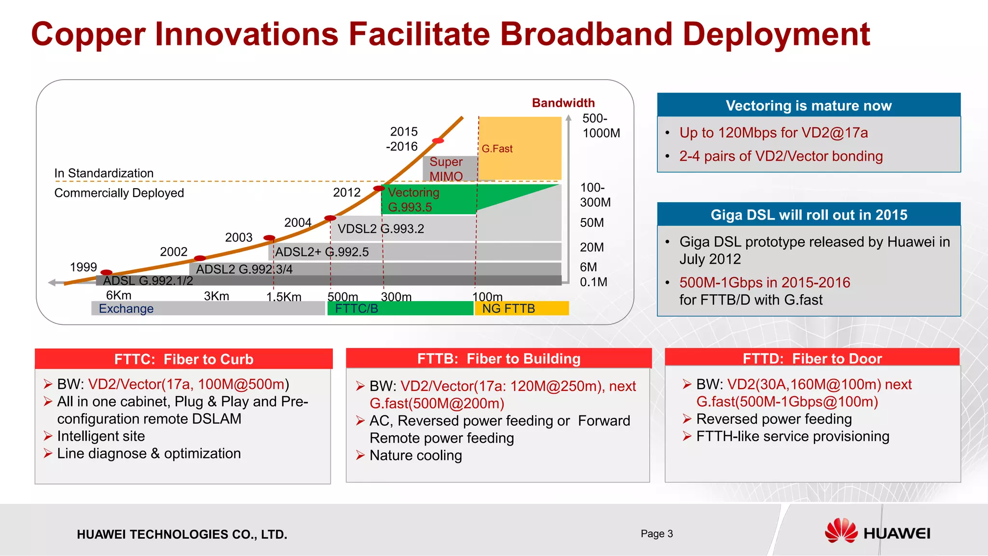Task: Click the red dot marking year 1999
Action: (106, 273)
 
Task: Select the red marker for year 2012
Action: (379, 188)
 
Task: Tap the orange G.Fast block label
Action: (497, 149)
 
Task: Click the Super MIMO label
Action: (446, 169)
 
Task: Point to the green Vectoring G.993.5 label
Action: (413, 200)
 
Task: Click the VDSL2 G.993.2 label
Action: (381, 229)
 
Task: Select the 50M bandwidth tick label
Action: (592, 223)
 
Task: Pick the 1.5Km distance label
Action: (284, 297)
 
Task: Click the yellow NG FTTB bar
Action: (521, 308)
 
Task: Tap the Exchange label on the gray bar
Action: (126, 308)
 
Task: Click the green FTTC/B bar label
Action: (357, 308)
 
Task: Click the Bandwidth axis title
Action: (563, 103)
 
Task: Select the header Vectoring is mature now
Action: (809, 105)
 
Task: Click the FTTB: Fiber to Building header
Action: (498, 359)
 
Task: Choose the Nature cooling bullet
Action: (415, 455)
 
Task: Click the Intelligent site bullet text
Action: (101, 436)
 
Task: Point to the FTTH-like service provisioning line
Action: (792, 436)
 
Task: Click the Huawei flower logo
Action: (841, 531)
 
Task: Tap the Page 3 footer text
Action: (657, 533)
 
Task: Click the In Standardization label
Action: (104, 173)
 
